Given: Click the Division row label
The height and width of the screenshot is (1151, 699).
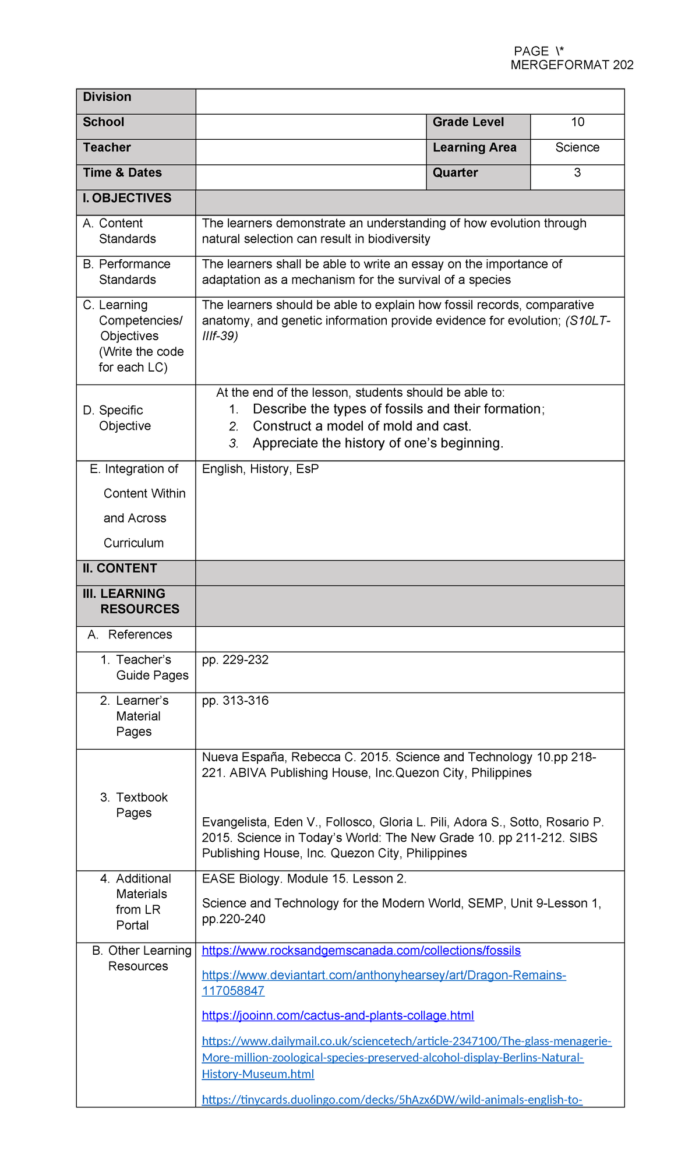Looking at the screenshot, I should [107, 97].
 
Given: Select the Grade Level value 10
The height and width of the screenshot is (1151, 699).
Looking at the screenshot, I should [577, 122].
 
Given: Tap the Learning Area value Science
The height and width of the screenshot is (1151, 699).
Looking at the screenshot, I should [577, 147].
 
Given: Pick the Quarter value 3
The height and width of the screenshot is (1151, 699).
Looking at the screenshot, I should [577, 173].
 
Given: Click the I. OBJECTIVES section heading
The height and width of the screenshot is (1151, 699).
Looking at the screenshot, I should [127, 198].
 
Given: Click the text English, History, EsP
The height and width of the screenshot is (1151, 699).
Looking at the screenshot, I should [260, 469].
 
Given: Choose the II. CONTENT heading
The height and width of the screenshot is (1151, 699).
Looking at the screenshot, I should [120, 569].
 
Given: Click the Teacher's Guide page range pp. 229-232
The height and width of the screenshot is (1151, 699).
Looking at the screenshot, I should [235, 660].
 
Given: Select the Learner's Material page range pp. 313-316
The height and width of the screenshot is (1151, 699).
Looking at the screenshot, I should [235, 701].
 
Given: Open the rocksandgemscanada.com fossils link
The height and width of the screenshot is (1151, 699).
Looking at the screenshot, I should [361, 951].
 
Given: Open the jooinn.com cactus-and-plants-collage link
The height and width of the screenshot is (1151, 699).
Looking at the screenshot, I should [338, 1016].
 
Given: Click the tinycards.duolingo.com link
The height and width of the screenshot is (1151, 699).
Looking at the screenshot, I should [392, 1100].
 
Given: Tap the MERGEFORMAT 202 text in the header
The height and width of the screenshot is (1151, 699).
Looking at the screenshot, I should [571, 65].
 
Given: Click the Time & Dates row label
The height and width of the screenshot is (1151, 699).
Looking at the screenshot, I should [122, 173].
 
